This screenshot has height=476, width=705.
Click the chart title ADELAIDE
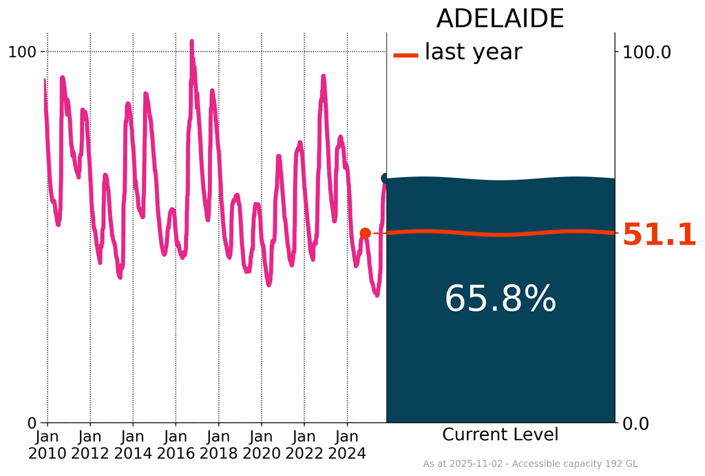500,19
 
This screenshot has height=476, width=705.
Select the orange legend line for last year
406,55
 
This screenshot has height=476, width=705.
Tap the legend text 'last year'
473,52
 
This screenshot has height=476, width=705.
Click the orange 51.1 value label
659,236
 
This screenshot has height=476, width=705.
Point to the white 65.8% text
500,300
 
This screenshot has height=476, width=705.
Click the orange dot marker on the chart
366,234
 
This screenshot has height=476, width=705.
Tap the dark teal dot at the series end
386,178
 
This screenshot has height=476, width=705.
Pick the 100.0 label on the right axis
646,52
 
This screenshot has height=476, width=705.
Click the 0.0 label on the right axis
638,422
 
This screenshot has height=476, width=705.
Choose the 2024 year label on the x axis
347,454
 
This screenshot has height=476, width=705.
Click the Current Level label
500,435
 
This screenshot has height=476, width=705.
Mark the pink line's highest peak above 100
192,42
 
